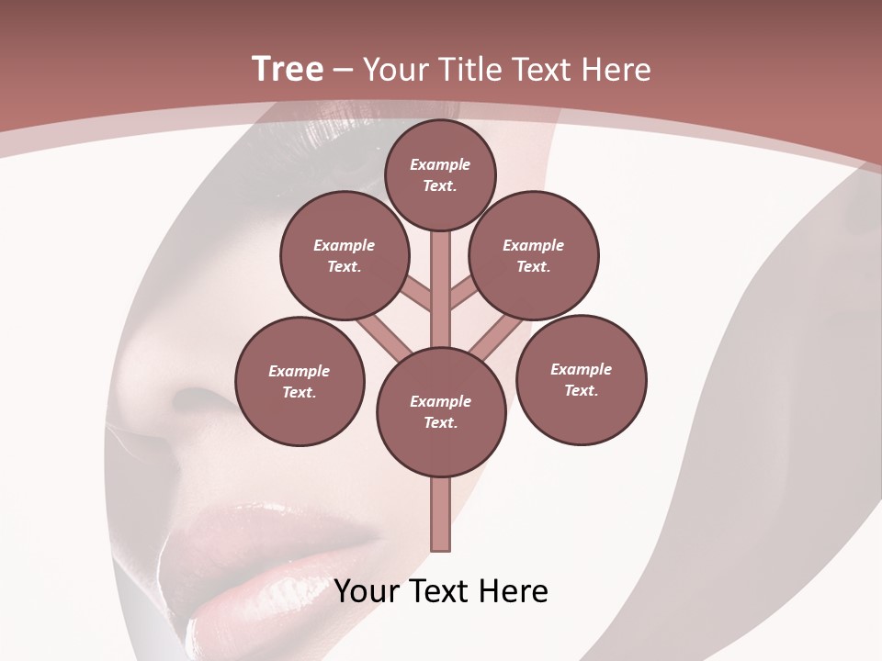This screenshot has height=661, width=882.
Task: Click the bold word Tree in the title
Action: click(x=288, y=69)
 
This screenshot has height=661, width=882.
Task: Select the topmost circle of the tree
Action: click(x=440, y=174)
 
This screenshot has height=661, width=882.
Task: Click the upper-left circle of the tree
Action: click(x=344, y=256)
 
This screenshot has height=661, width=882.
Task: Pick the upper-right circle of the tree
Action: click(x=534, y=256)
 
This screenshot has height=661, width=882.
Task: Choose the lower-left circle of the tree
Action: click(x=300, y=381)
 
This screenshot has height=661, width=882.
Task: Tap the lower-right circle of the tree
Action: click(x=581, y=379)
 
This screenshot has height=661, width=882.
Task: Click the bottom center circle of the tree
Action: click(x=441, y=412)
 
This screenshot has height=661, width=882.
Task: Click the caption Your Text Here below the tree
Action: click(x=441, y=591)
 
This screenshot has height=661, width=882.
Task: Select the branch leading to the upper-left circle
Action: click(x=417, y=294)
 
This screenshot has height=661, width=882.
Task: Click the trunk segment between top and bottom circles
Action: click(x=441, y=285)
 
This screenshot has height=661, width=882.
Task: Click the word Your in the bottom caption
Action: click(x=367, y=591)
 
